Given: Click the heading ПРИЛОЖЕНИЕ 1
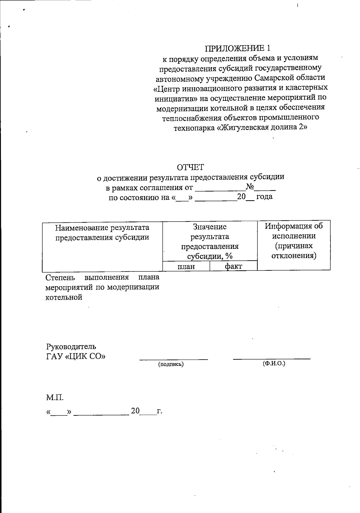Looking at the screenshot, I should click(238, 48).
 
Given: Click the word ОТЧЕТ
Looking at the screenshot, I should click(190, 167).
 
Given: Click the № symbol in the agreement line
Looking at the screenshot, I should click(250, 187).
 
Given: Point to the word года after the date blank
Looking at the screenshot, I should click(264, 197).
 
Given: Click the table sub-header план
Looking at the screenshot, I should click(186, 266).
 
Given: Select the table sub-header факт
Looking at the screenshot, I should click(233, 266).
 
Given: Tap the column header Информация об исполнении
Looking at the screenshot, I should click(294, 231).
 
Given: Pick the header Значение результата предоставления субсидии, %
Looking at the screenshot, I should click(210, 241).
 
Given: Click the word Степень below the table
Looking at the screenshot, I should click(60, 277).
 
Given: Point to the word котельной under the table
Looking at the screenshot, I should click(64, 297).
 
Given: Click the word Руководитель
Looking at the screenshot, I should click(71, 346).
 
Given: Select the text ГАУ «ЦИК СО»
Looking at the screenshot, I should click(76, 356).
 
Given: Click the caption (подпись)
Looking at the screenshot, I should click(171, 364).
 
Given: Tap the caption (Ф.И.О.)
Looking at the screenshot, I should click(274, 364).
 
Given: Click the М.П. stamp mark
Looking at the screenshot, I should click(55, 398).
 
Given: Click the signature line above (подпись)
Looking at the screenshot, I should click(173, 359).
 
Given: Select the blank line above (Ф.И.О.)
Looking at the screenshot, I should click(271, 358).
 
